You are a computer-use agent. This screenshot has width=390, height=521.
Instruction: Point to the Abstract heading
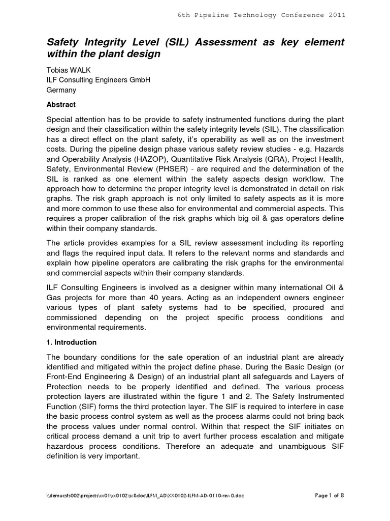pyautogui.click(x=61, y=104)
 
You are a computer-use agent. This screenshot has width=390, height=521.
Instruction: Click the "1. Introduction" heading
pyautogui.click(x=72, y=342)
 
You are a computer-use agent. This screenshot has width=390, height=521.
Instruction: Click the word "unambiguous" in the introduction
pyautogui.click(x=300, y=446)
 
